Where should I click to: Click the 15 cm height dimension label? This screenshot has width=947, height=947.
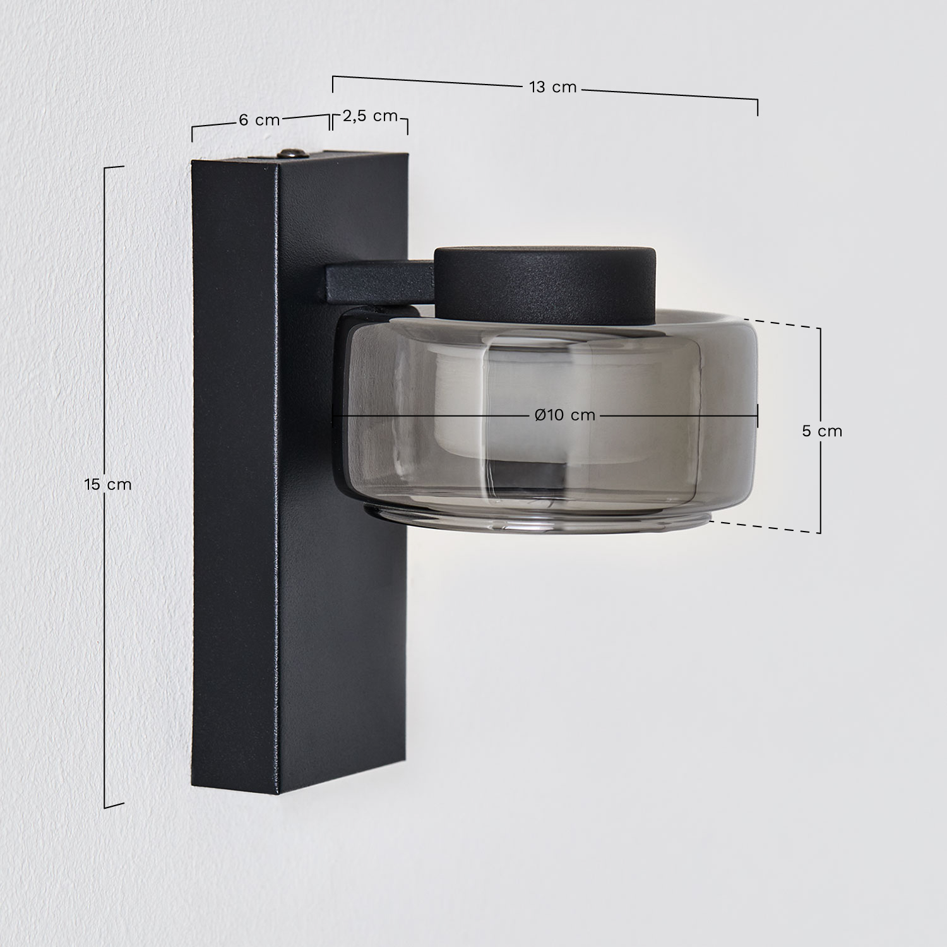coord(108,484)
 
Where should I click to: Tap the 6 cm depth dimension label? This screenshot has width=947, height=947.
coord(259,120)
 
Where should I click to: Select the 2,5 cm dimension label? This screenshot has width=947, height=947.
coord(370,116)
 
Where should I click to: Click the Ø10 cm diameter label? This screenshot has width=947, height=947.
coord(564,415)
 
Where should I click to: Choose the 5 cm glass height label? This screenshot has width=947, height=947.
coord(821,431)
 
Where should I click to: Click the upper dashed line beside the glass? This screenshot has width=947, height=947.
coord(789,324)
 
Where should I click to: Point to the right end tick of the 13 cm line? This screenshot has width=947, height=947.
coord(758,107)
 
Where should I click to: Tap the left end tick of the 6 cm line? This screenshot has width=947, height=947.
coord(192,134)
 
